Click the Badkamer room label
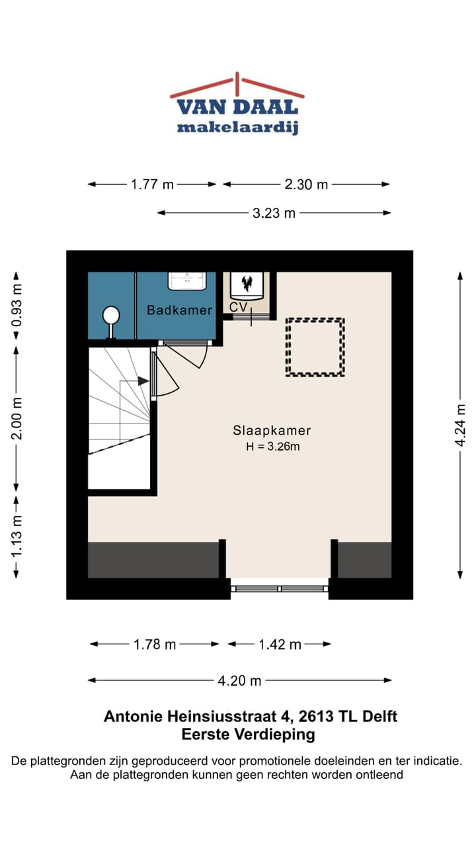179,310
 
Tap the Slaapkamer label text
272,430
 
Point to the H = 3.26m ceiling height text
273,447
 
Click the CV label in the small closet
239,307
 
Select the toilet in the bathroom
111,322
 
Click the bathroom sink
187,281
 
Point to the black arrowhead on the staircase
143,381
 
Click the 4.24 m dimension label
461,425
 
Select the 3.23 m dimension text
274,213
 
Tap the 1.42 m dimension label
280,645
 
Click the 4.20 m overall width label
239,681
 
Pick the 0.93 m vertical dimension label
17,305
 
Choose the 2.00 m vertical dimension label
17,418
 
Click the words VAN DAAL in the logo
237,107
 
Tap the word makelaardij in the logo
238,128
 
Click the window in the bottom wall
280,589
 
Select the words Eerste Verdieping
248,735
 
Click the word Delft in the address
379,716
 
